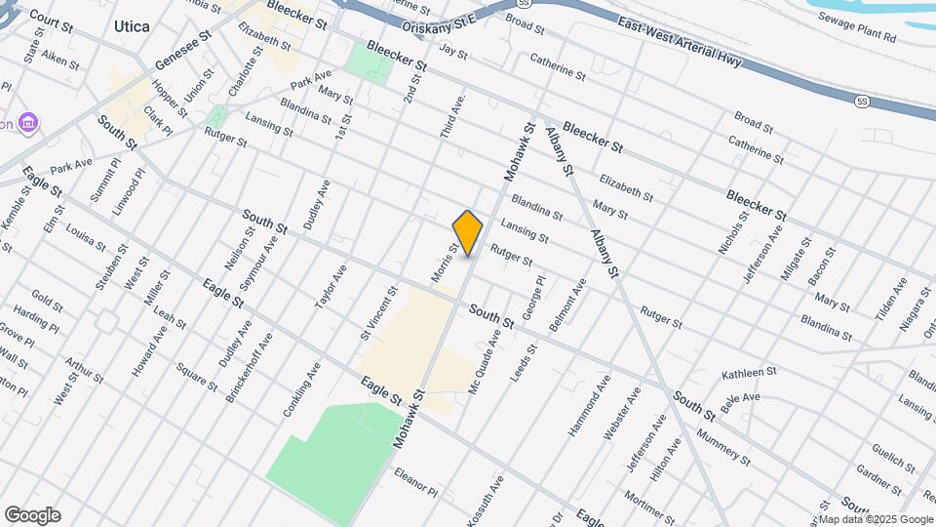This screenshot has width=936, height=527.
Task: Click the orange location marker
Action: [x=468, y=232]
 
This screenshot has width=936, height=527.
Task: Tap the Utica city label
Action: [x=132, y=26]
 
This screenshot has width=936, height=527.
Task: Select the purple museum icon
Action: [x=29, y=123]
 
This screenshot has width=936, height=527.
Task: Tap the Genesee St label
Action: [x=182, y=50]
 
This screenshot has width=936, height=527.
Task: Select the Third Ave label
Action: [x=453, y=115]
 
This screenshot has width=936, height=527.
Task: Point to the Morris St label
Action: [x=445, y=263]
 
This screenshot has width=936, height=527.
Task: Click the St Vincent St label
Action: [x=378, y=311]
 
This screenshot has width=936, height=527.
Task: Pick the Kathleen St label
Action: [x=749, y=373]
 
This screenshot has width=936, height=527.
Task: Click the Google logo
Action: [x=32, y=515]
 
